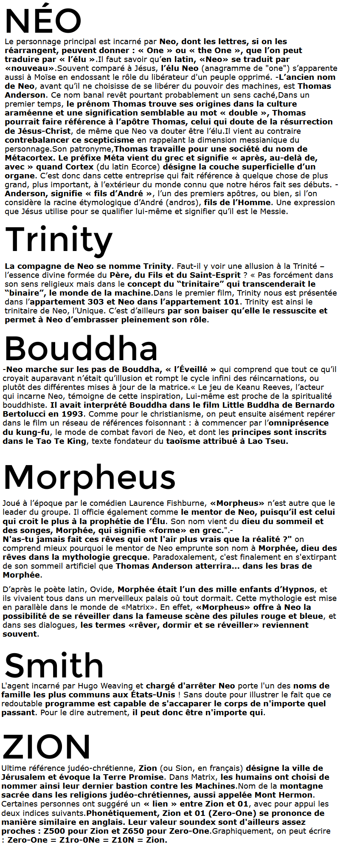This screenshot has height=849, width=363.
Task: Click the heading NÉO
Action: click(x=43, y=21)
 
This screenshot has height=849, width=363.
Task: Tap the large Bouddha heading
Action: click(x=81, y=349)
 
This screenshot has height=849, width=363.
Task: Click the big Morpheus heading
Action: click(x=90, y=477)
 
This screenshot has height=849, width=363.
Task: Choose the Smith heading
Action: click(x=54, y=666)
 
